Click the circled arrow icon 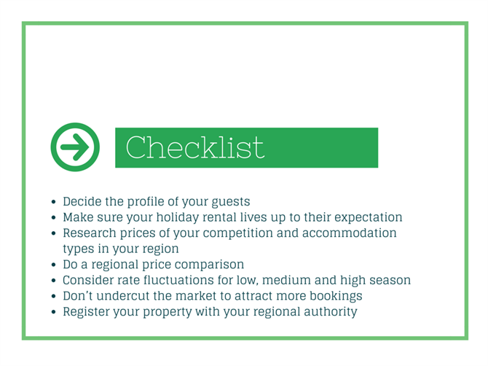click(75, 147)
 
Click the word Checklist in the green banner click(195, 147)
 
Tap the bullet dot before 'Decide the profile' click(53, 202)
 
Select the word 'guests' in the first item click(231, 202)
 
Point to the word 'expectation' click(368, 217)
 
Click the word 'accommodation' click(349, 233)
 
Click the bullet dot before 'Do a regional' click(53, 265)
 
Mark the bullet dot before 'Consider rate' click(53, 281)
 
